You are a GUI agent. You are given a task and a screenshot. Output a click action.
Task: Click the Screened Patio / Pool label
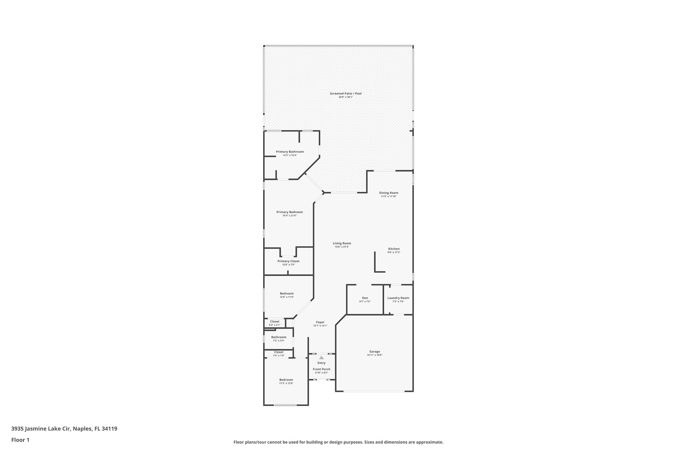coord(345,94)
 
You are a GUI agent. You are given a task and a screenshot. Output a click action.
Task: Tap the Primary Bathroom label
coord(290,152)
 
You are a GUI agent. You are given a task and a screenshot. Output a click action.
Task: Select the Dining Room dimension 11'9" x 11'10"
coord(388,196)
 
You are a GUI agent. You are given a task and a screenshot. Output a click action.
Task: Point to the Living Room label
coord(342,243)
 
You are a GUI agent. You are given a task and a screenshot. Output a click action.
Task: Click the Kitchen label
coord(394,249)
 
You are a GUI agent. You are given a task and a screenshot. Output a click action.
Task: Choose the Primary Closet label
coord(288,261)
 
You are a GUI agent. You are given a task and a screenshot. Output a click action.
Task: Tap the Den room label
coord(365,298)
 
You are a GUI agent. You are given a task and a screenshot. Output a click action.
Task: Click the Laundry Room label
coord(398,298)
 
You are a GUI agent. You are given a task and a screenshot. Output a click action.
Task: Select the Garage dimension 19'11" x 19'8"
coord(375,355)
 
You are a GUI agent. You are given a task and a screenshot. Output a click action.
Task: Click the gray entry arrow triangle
coord(321,357)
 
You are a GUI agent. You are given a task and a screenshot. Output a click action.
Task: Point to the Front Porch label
coord(321,369)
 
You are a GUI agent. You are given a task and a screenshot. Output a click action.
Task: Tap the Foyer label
coord(320,322)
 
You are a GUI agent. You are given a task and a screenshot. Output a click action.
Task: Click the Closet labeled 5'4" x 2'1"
coord(274,321)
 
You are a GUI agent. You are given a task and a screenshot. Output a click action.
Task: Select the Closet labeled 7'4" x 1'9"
coord(278,352)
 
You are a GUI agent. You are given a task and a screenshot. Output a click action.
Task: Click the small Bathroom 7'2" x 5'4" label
coord(279,337)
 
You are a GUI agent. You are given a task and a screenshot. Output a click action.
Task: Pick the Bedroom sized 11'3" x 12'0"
coord(286,380)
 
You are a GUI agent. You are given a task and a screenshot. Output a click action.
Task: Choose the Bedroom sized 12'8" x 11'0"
coord(287,293)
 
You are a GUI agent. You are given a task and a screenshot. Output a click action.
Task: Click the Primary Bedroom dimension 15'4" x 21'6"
coord(289,216)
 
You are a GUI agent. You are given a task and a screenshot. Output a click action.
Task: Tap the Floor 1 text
coord(20,440)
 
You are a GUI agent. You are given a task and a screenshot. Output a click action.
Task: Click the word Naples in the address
coord(81,429)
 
